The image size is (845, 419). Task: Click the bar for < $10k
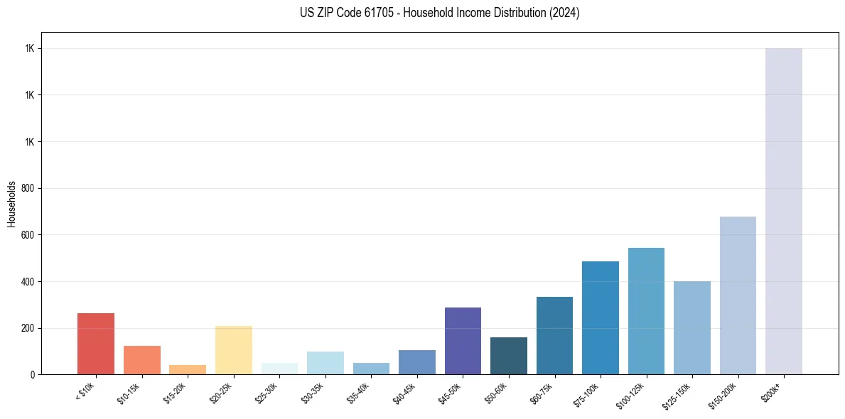point(96,344)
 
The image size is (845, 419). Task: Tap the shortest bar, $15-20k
point(188,369)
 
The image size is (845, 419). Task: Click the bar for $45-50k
point(463,341)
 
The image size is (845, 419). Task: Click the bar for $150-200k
point(738,295)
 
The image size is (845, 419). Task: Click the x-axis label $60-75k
point(544,392)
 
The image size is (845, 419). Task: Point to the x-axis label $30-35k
point(315,392)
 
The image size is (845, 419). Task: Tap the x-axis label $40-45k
point(407,392)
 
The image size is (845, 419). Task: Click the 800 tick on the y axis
point(28,189)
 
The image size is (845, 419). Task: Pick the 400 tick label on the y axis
point(28,282)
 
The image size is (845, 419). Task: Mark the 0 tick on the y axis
point(32,375)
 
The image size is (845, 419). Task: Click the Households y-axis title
point(12,204)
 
